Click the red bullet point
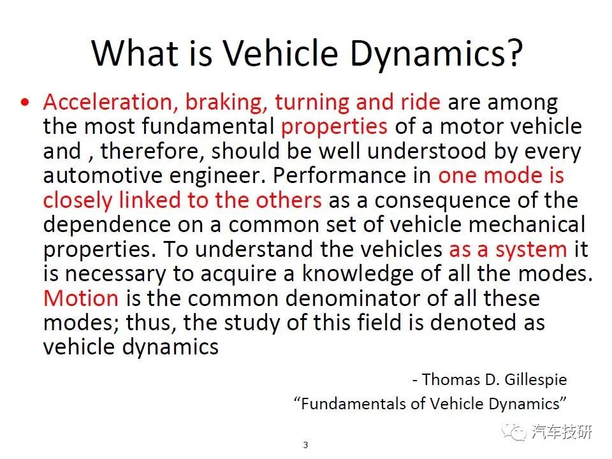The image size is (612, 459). point(25,103)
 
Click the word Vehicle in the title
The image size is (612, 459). point(280,53)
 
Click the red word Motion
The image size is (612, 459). point(81,298)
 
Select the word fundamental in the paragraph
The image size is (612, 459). point(208,126)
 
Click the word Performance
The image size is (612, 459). point(352,176)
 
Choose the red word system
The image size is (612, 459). point(531,250)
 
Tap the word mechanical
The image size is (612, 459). point(527,224)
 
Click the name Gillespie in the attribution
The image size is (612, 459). point(535,380)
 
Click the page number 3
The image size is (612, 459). point(305,445)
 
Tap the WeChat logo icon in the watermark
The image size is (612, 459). point(514,432)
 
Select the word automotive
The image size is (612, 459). point(103,176)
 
